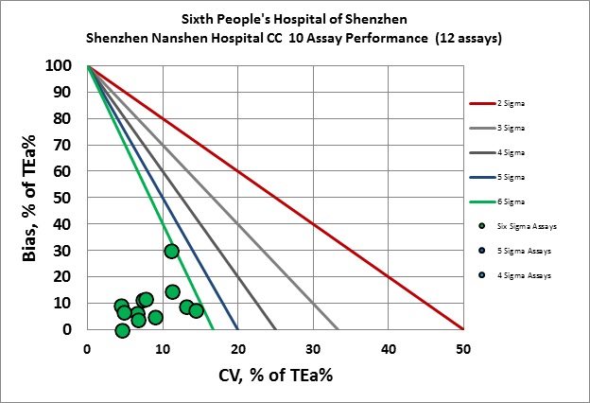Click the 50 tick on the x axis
click(463, 347)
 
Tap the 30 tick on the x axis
click(313, 347)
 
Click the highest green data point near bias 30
click(171, 251)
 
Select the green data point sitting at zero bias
click(122, 330)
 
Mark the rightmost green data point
click(196, 310)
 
